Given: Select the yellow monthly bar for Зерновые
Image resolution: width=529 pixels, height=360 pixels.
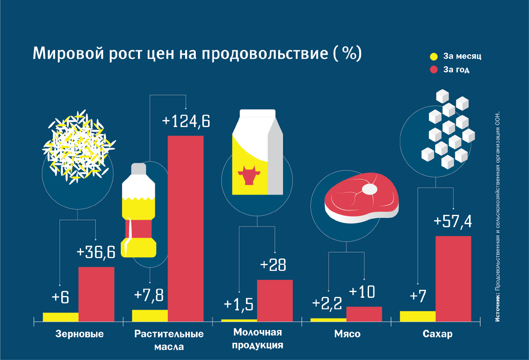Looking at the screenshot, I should click(61, 317).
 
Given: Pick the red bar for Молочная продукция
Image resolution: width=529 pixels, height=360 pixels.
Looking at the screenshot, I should click(275, 300).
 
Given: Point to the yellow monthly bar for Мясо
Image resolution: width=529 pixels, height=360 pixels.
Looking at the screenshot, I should click(328, 319).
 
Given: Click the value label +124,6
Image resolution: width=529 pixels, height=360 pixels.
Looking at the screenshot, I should click(186, 121).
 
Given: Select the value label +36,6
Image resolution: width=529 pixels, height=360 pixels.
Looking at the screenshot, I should click(96, 252).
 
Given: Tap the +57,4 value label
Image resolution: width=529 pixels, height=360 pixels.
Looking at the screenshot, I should click(453, 221).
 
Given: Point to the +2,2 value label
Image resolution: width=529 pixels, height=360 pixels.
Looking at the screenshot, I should click(328, 304).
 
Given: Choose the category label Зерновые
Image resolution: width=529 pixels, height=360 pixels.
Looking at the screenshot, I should click(80, 334).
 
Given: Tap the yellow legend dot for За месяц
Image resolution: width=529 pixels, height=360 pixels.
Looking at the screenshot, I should click(434, 56).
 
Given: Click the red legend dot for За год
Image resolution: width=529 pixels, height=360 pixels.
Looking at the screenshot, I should click(434, 69).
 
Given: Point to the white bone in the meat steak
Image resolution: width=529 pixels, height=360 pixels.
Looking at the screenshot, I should click(369, 189).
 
